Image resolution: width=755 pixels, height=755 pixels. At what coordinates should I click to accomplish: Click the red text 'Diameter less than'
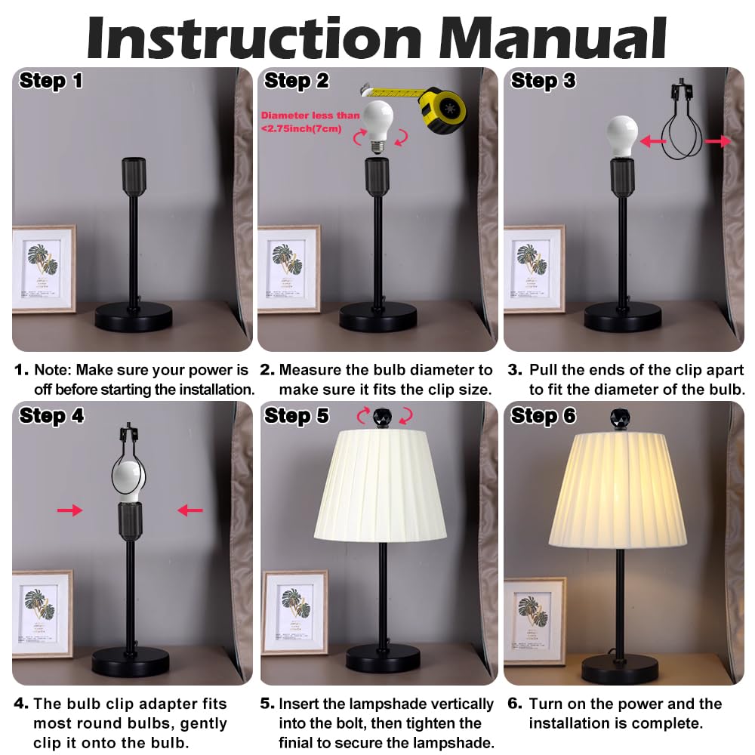click(x=310, y=116)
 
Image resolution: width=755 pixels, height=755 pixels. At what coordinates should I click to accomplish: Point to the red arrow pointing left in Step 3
click(x=653, y=141)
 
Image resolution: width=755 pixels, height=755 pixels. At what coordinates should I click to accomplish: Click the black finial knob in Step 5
click(x=382, y=417)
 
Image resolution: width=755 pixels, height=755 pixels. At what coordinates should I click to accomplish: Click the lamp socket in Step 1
click(x=134, y=176)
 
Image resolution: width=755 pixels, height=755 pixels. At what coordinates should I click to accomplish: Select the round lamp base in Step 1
click(x=134, y=317)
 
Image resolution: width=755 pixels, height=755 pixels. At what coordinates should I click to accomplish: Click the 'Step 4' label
click(x=51, y=415)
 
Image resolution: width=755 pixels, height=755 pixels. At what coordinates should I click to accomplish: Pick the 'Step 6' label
click(x=543, y=415)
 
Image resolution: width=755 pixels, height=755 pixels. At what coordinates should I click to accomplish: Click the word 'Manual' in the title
click(x=553, y=38)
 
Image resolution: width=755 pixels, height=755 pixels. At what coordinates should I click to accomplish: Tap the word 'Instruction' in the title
click(x=254, y=38)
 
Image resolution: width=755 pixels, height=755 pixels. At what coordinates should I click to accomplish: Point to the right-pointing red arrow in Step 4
click(x=69, y=510)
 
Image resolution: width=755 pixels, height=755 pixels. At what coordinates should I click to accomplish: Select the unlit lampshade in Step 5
click(x=381, y=486)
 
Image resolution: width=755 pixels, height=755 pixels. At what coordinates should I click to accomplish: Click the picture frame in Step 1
click(x=44, y=270)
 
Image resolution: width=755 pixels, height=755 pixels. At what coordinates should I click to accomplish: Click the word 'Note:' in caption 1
click(x=53, y=370)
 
